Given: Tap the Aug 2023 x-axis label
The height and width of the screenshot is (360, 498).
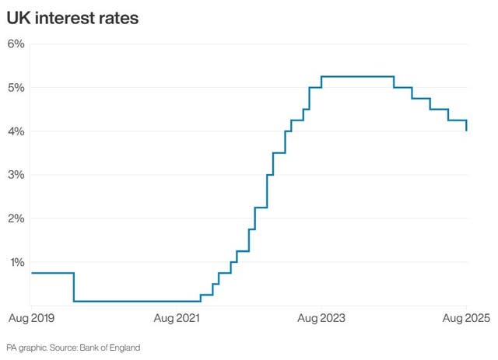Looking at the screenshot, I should (321, 318).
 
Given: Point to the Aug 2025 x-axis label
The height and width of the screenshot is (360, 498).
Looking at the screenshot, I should (467, 318).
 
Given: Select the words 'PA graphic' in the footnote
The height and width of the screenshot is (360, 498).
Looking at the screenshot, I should (26, 347).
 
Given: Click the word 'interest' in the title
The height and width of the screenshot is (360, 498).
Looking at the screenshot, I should (64, 17).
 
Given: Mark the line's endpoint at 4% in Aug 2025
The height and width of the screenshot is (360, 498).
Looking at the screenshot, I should (467, 131).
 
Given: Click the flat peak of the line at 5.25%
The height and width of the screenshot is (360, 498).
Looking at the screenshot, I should (357, 76).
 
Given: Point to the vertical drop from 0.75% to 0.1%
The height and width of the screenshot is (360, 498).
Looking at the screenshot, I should (74, 287).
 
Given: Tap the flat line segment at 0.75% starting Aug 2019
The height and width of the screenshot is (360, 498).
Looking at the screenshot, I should (51, 273).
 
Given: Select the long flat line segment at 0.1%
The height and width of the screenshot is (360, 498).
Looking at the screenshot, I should (136, 301).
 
